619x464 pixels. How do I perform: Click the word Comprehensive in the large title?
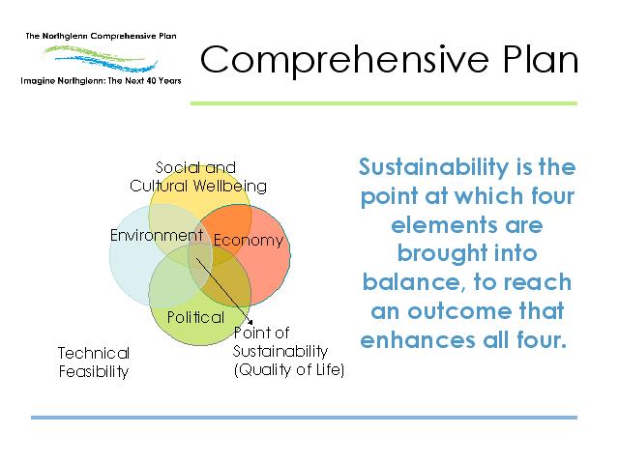(x=344, y=60)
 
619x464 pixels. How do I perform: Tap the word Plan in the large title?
(x=541, y=59)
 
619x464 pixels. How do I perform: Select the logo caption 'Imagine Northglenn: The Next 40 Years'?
(x=101, y=81)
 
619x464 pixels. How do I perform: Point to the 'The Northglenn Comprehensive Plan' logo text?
(x=101, y=36)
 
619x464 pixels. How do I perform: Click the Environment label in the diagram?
(x=157, y=235)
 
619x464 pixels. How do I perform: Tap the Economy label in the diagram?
(x=249, y=241)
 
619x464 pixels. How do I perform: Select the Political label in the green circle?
(x=195, y=317)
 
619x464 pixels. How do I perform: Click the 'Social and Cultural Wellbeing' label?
(x=197, y=177)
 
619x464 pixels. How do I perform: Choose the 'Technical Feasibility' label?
(x=94, y=362)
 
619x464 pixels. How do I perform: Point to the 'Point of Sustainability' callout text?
(x=280, y=342)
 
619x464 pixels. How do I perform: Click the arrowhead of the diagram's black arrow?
(x=251, y=322)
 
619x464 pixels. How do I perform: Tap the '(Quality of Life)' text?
(x=289, y=369)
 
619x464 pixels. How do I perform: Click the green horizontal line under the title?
(x=384, y=103)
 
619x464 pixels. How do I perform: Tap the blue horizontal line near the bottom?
(x=304, y=418)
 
